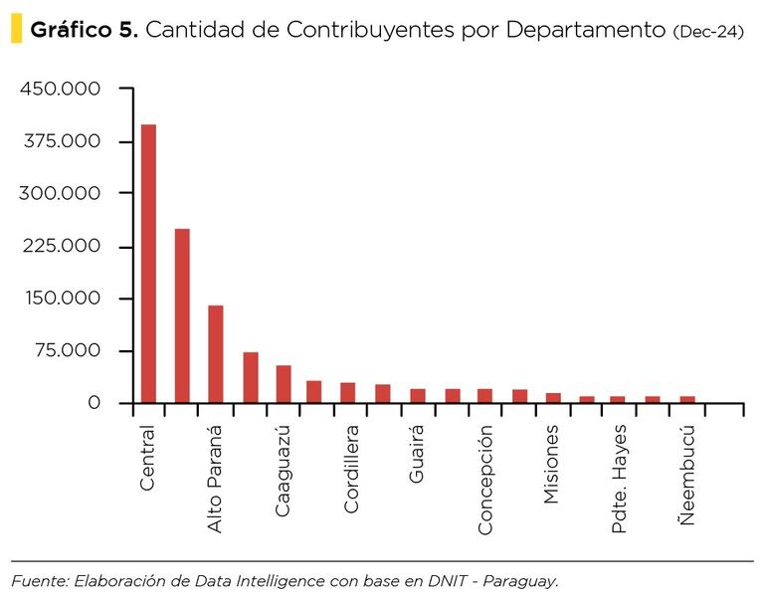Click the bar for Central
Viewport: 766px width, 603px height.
click(x=149, y=264)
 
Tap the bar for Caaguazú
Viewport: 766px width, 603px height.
click(x=284, y=384)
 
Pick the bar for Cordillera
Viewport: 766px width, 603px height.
click(x=348, y=393)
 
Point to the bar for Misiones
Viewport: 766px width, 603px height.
click(x=553, y=398)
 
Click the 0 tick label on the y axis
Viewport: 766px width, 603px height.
click(x=95, y=403)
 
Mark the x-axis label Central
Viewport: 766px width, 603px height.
click(x=147, y=458)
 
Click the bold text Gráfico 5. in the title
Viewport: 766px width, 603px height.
click(x=85, y=30)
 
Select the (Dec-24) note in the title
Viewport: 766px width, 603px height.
click(x=707, y=31)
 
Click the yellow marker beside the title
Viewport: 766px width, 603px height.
click(x=15, y=29)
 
